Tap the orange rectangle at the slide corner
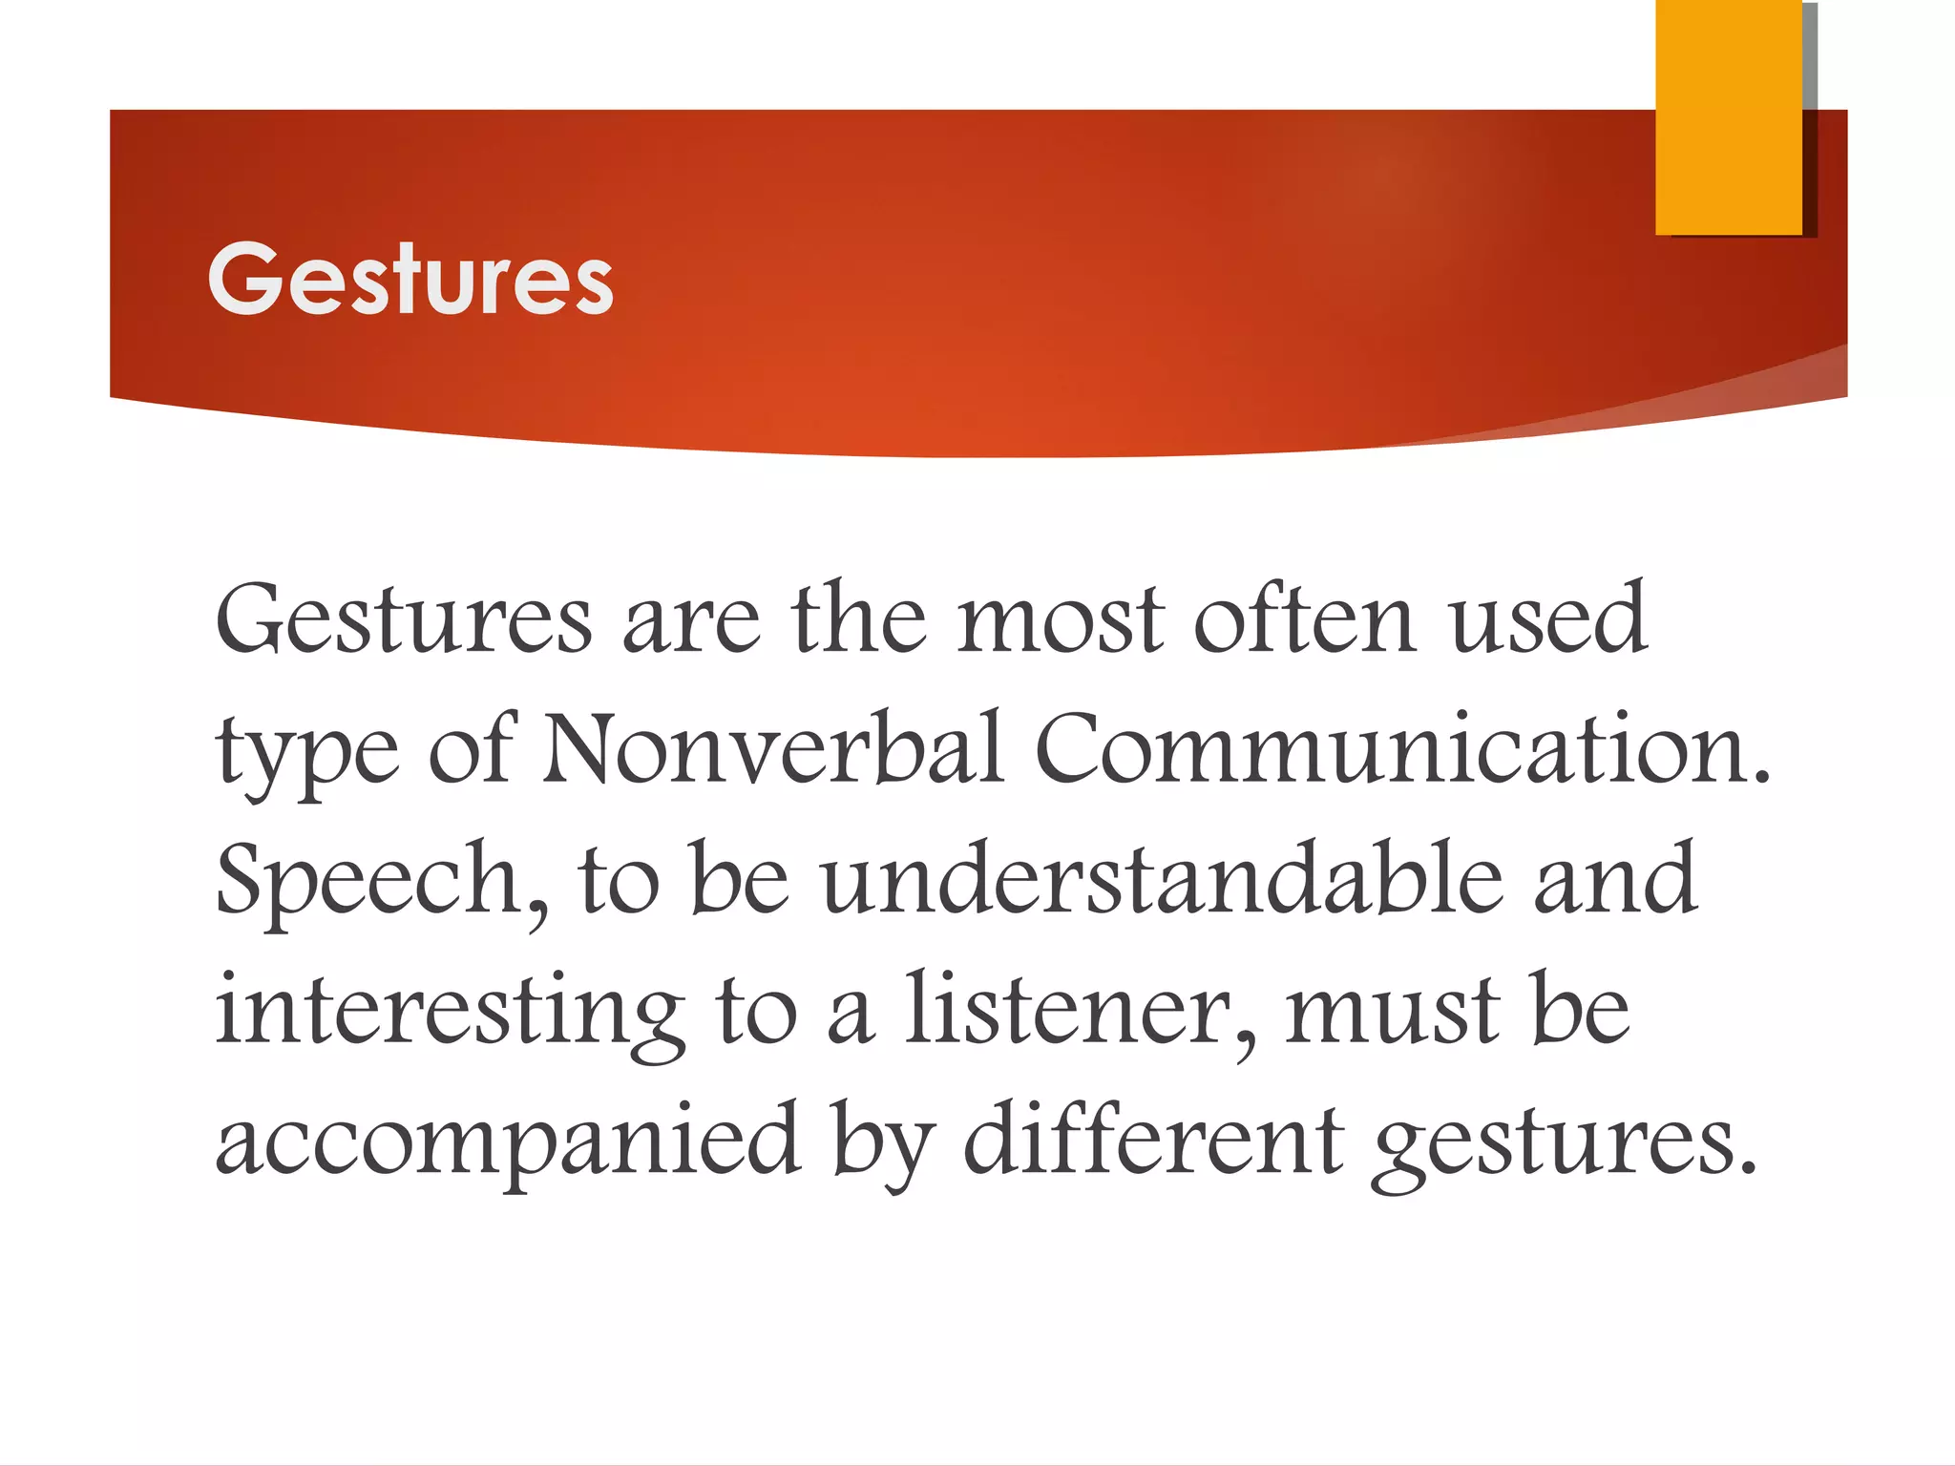pyautogui.click(x=1728, y=116)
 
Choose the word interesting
pyautogui.click(x=450, y=1012)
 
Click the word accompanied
pyautogui.click(x=507, y=1141)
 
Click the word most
pyautogui.click(x=1061, y=620)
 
